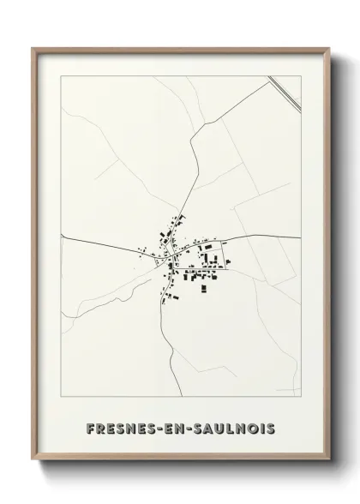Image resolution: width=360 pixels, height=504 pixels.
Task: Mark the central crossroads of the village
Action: click(169, 255)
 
